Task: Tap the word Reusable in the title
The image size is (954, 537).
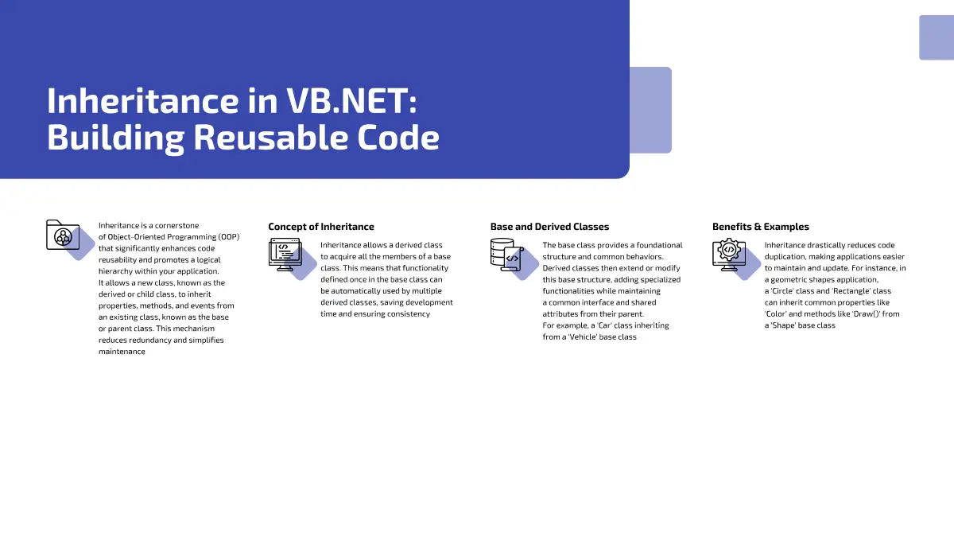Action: [270, 137]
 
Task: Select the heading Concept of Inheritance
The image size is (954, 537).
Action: [321, 227]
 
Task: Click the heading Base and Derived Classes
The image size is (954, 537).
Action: [549, 227]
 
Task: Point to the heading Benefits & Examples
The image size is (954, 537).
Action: [761, 227]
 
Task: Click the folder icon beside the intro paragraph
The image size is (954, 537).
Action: [63, 235]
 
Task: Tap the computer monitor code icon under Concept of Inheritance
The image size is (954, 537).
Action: [285, 255]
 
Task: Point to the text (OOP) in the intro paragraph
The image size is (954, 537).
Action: [229, 237]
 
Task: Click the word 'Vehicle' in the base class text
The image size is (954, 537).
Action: [582, 337]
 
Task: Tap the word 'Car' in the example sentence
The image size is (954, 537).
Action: [605, 325]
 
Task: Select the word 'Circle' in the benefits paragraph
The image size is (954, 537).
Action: [782, 291]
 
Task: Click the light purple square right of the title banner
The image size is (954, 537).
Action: [651, 110]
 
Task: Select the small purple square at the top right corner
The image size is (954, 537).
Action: [937, 37]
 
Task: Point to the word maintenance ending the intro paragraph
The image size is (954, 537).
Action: [122, 352]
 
